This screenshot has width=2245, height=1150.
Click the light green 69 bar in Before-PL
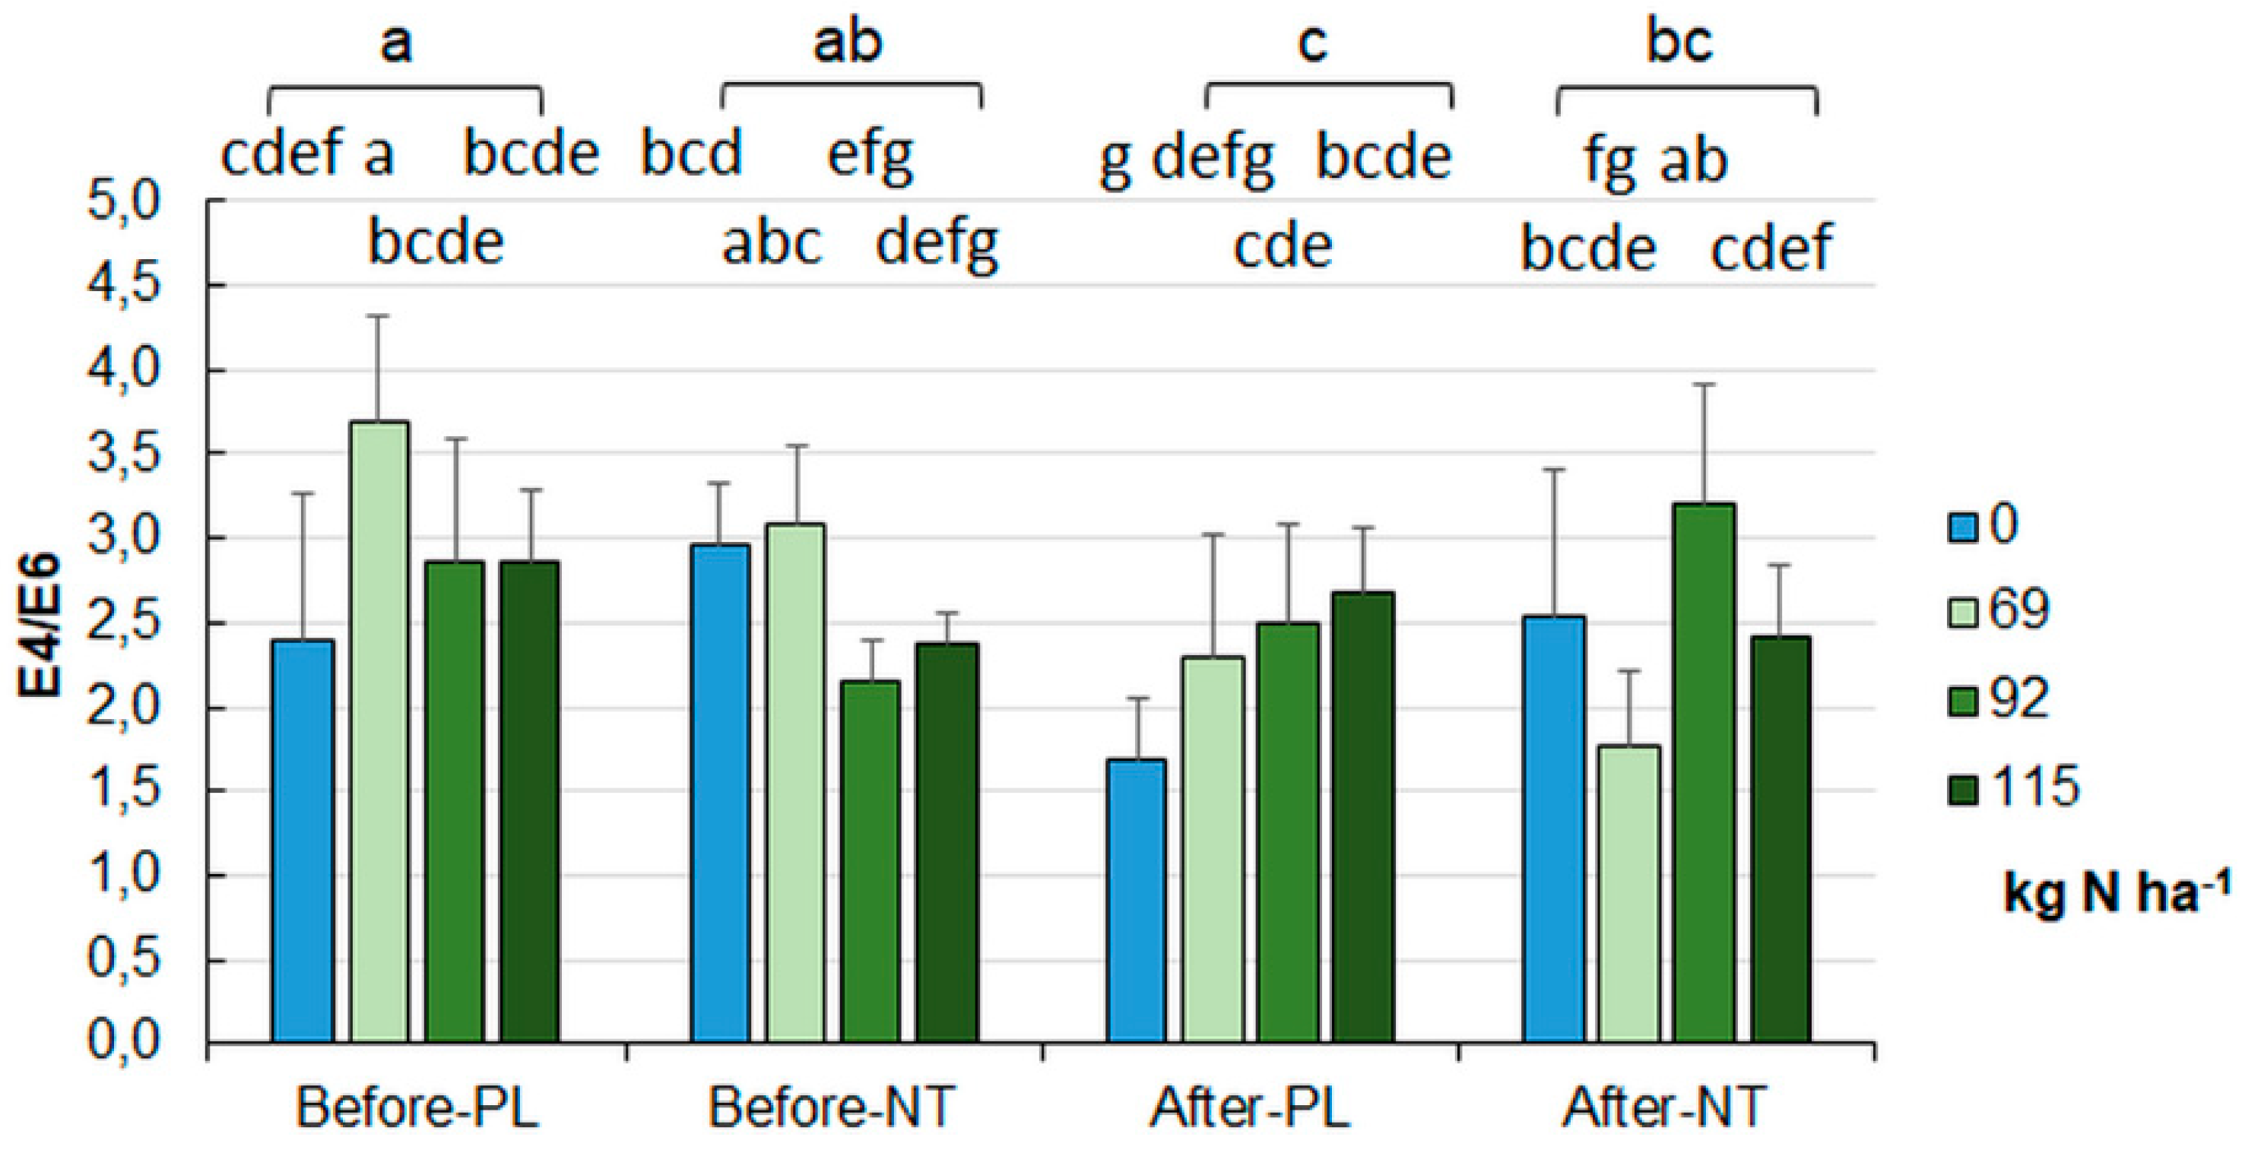coord(380,732)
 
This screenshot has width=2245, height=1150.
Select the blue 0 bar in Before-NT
coord(720,793)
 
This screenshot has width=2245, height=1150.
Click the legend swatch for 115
coord(1964,787)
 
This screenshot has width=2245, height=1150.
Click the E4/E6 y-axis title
coord(40,623)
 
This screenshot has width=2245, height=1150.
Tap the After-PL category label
coord(1250,1108)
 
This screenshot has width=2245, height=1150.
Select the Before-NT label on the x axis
coord(832,1108)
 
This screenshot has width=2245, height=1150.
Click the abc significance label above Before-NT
coord(772,244)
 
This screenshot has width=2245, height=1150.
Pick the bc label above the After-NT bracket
coord(1679,42)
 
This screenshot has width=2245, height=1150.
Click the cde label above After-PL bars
coord(1283,248)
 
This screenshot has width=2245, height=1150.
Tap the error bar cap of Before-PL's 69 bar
coord(376,316)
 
